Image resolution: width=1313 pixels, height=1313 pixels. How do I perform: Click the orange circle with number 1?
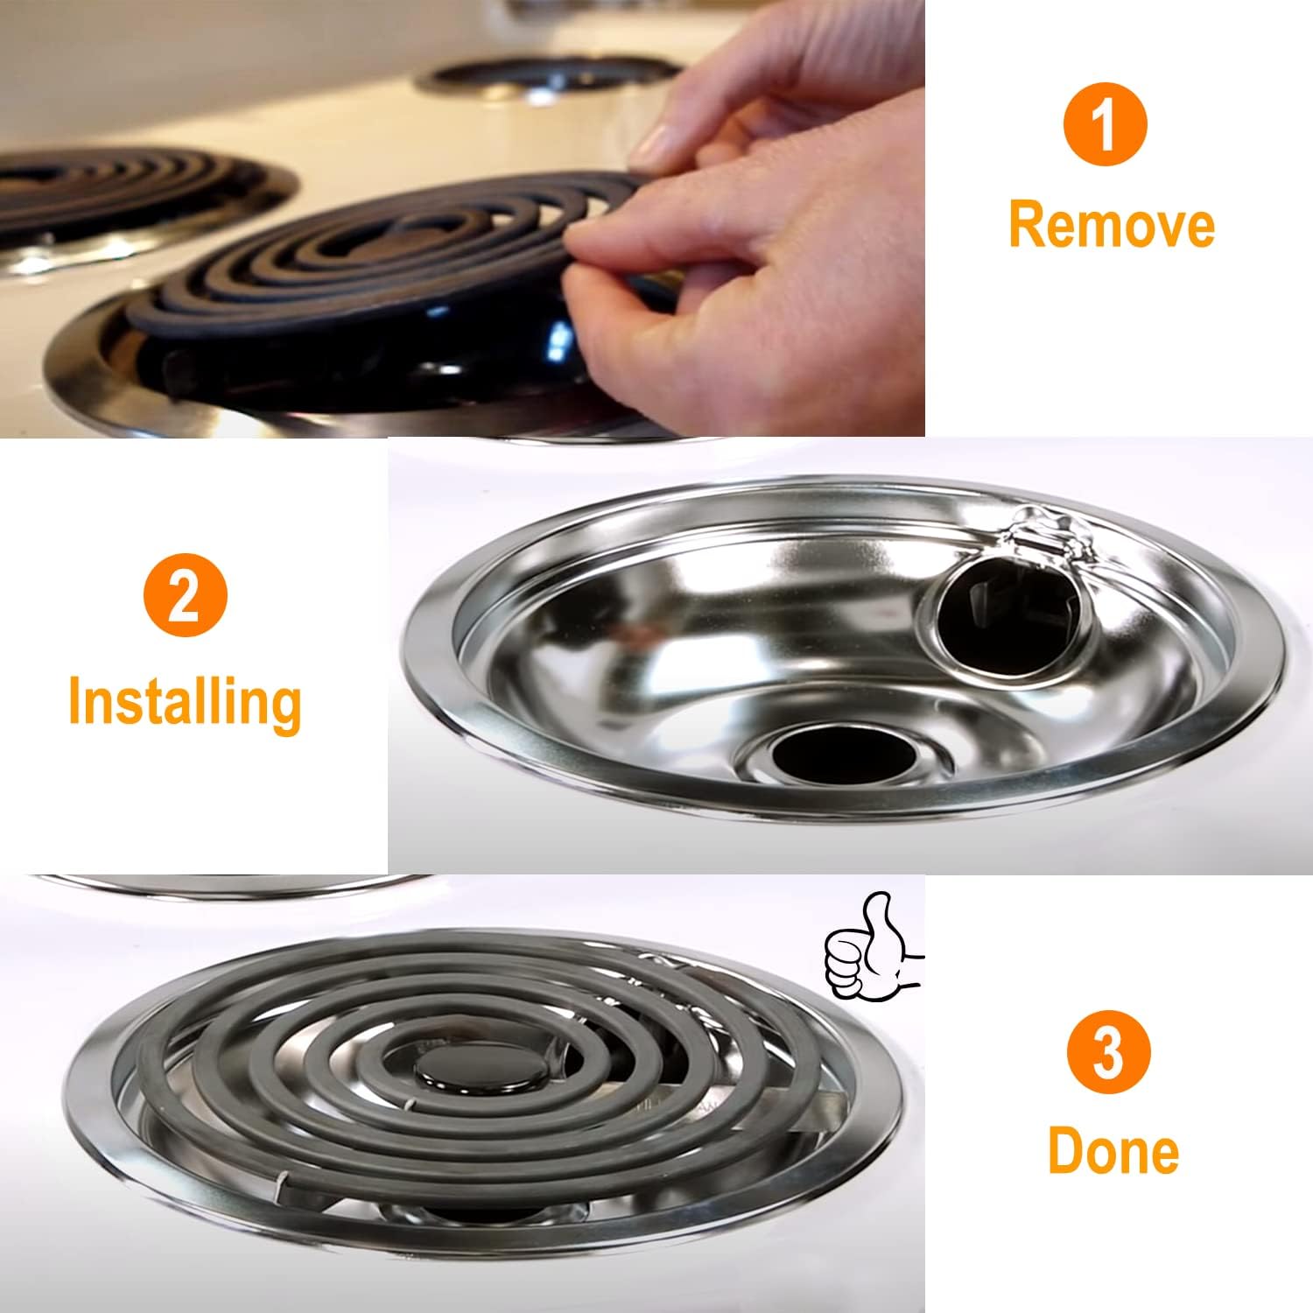(1105, 128)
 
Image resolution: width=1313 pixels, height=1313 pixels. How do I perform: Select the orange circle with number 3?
(1108, 1054)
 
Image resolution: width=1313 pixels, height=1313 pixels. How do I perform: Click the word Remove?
(1112, 224)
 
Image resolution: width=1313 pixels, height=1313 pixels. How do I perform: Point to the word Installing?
(185, 703)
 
